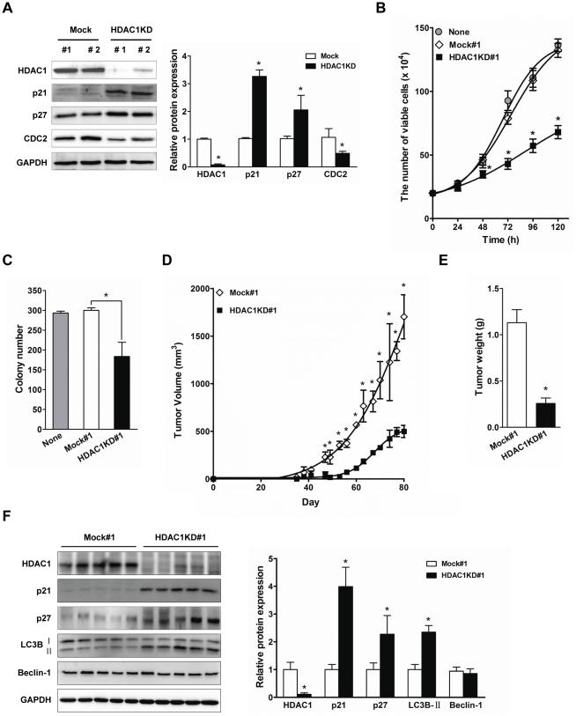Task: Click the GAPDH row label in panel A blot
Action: pos(25,161)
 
